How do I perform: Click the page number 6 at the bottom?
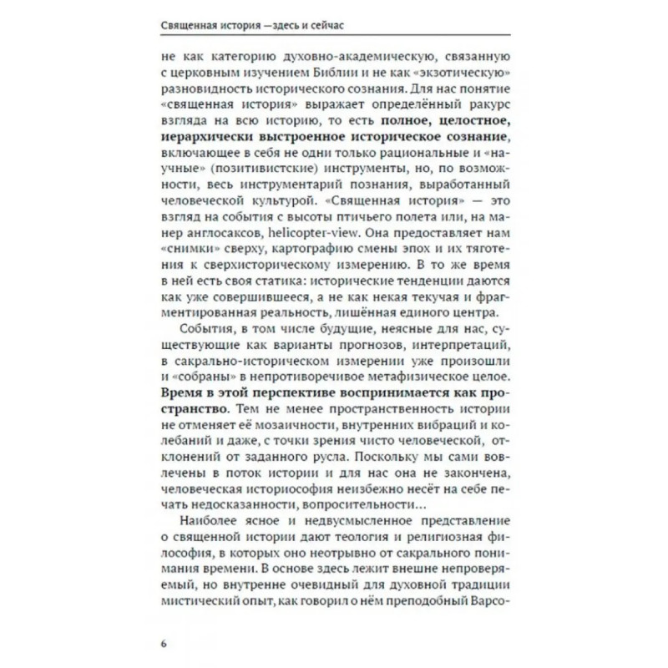click(x=164, y=642)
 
